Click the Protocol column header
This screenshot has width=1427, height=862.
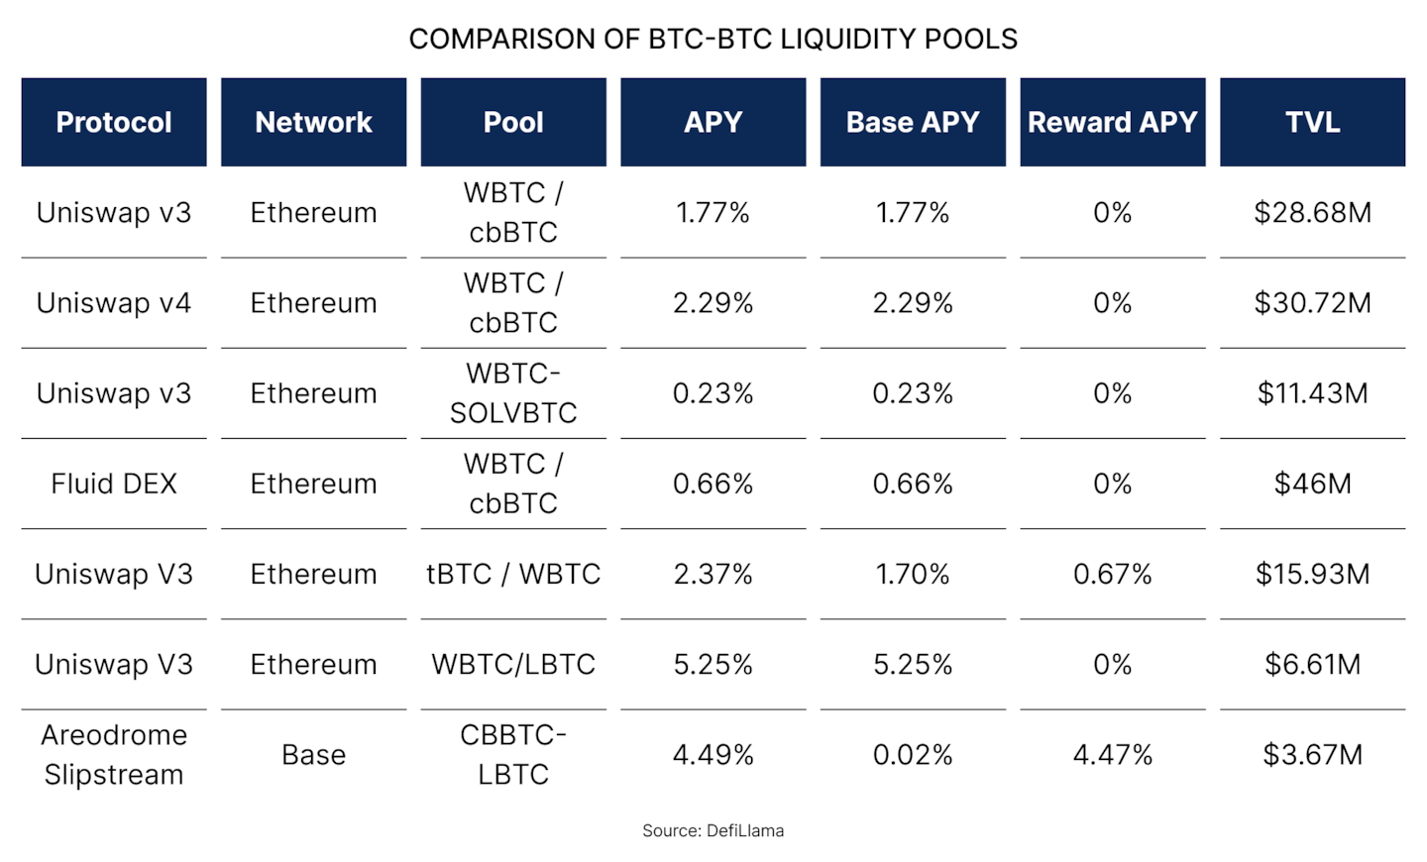[x=114, y=122]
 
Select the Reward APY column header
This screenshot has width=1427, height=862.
[x=1112, y=122]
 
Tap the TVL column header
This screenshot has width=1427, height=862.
[x=1312, y=122]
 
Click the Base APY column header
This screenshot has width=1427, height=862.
[x=913, y=122]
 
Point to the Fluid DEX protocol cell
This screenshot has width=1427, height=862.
[x=114, y=484]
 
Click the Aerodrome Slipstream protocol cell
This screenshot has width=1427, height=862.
[x=114, y=754]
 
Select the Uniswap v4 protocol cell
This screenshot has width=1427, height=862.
[x=114, y=303]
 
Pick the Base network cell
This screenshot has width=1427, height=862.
[x=314, y=755]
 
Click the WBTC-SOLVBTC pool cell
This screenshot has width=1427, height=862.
[x=513, y=393]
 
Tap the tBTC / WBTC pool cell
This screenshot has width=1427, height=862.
[x=513, y=575]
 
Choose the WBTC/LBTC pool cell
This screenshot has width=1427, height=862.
[x=513, y=665]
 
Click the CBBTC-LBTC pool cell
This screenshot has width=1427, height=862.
[x=513, y=754]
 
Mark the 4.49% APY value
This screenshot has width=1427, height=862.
[x=713, y=755]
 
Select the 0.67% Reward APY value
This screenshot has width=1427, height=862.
[x=1112, y=575]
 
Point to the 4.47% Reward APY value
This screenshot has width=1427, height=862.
[x=1112, y=755]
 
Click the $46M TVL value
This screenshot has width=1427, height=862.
[x=1312, y=484]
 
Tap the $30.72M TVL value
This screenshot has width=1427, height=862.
[x=1312, y=303]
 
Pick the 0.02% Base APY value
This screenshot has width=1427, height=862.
[x=913, y=755]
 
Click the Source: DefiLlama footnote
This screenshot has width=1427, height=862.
[x=713, y=830]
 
